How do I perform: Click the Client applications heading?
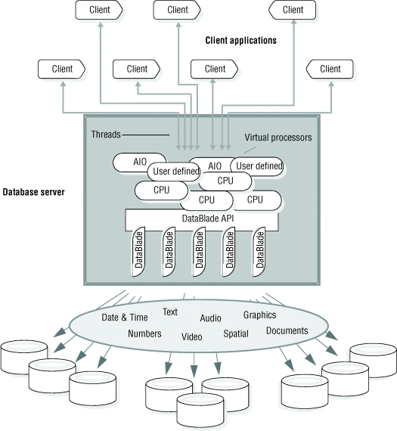[x=241, y=39]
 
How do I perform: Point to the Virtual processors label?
[x=278, y=138]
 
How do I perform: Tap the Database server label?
[x=34, y=192]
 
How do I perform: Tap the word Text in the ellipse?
[x=170, y=312]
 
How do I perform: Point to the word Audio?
[x=210, y=318]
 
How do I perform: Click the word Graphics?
[x=259, y=315]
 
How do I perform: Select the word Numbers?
[x=144, y=333]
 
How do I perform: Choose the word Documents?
[x=287, y=330]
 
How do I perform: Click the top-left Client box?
[x=101, y=10]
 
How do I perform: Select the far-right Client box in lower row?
[x=330, y=69]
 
